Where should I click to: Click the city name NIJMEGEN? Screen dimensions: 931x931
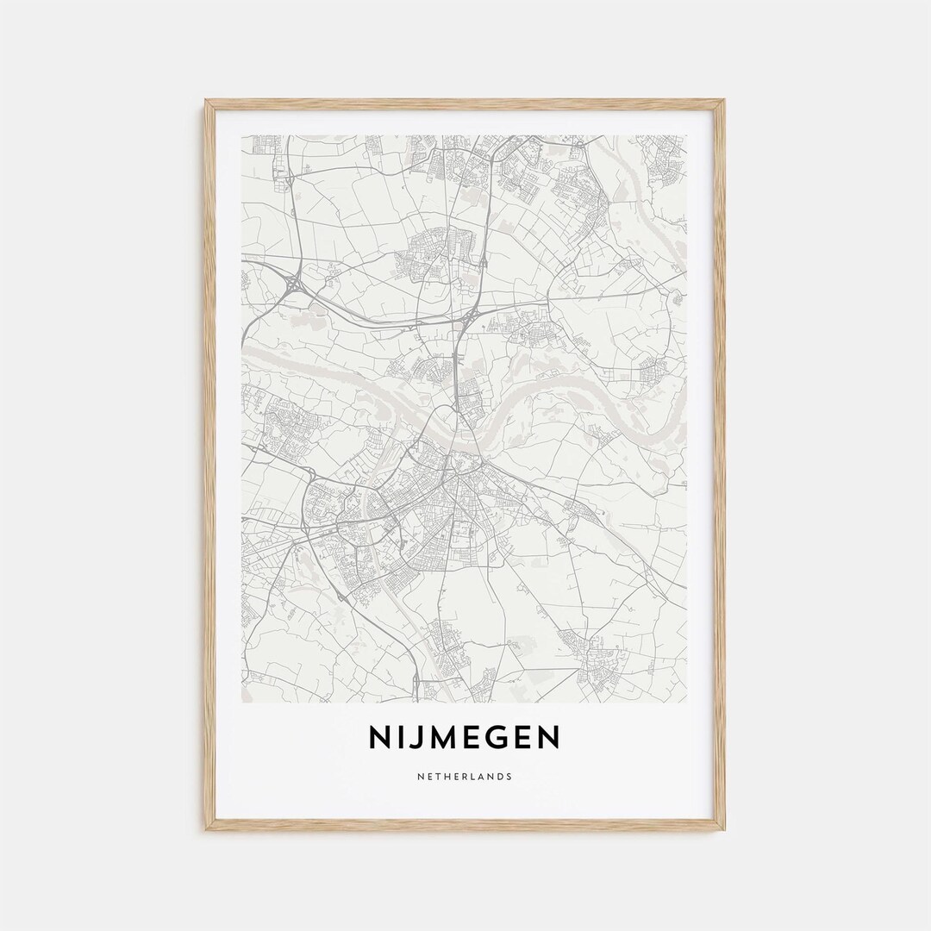[x=465, y=737]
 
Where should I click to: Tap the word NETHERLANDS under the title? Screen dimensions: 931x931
[x=465, y=777]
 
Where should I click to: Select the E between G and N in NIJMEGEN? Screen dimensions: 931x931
[x=522, y=737]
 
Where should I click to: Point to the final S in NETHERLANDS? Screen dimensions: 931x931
[x=509, y=777]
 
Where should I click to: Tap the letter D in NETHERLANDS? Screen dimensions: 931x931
[x=500, y=777]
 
